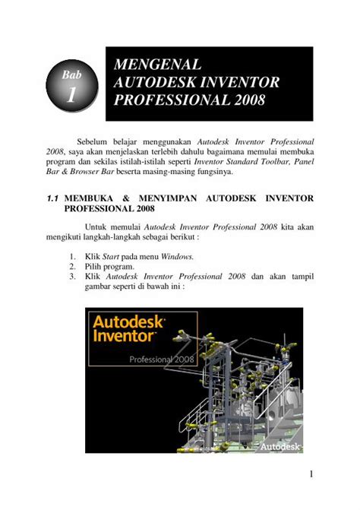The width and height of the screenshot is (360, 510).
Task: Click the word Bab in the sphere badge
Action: coord(71,75)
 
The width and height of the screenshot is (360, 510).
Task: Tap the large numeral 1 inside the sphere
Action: coord(71,95)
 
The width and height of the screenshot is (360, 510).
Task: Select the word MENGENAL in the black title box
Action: coord(157,65)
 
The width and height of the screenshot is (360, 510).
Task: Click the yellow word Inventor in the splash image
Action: coord(125,335)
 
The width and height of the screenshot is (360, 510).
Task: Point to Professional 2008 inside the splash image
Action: coord(163,359)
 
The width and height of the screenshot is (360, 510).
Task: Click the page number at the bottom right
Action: coord(311,475)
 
